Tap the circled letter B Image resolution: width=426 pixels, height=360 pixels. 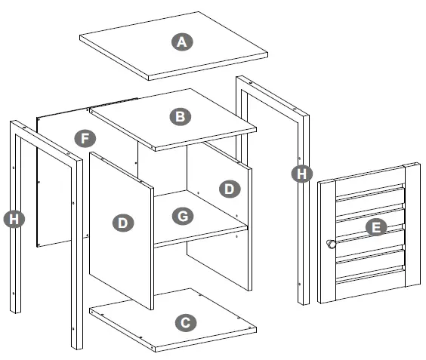180,116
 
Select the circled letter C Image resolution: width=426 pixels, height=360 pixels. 183,323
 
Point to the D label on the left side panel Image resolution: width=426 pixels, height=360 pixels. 122,223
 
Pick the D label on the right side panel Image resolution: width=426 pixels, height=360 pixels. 230,189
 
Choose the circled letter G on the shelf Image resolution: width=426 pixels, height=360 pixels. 181,217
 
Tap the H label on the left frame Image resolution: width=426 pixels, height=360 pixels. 12,219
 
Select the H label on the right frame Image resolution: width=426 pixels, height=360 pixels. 301,174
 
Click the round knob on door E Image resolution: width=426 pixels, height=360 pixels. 331,244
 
